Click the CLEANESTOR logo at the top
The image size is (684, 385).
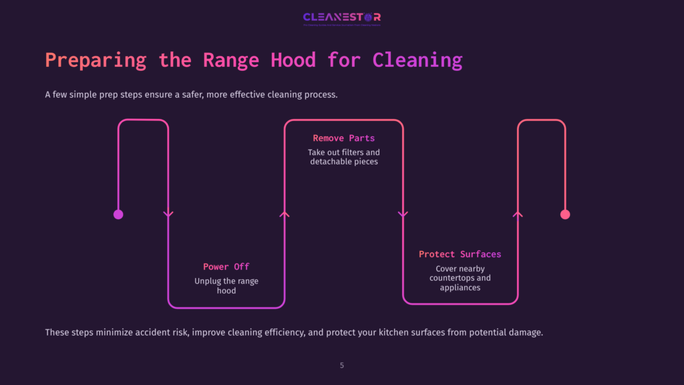pyautogui.click(x=341, y=17)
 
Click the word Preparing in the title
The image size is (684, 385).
pyautogui.click(x=96, y=60)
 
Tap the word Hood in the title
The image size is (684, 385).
pyautogui.click(x=293, y=60)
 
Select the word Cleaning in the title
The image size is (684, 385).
pyautogui.click(x=417, y=60)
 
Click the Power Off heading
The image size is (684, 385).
pyautogui.click(x=226, y=267)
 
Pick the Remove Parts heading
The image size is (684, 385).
pyautogui.click(x=344, y=138)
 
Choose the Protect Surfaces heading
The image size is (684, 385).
pyautogui.click(x=460, y=254)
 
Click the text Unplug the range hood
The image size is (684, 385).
pyautogui.click(x=226, y=286)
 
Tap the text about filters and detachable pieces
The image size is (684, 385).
pyautogui.click(x=344, y=157)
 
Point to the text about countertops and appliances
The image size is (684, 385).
pyautogui.click(x=460, y=278)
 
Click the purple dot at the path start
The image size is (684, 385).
pyautogui.click(x=118, y=215)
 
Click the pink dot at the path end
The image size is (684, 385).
pyautogui.click(x=565, y=215)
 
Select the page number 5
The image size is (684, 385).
pyautogui.click(x=342, y=366)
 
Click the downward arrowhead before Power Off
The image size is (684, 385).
pyautogui.click(x=168, y=215)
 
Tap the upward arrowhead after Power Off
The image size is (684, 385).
pyautogui.click(x=285, y=214)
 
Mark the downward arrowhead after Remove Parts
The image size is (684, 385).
pyautogui.click(x=402, y=215)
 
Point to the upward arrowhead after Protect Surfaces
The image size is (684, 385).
pyautogui.click(x=518, y=214)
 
